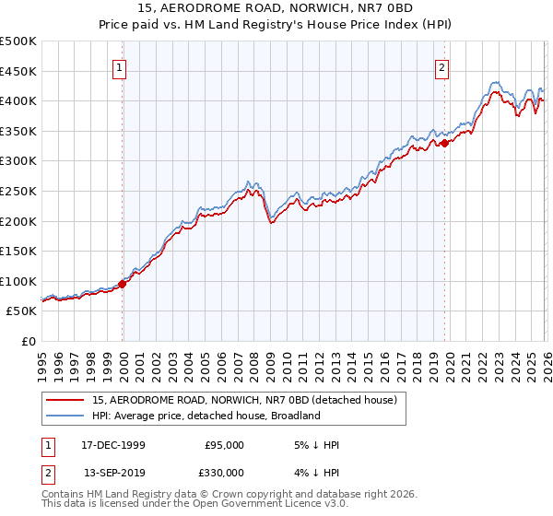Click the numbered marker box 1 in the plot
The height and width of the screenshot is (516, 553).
pyautogui.click(x=122, y=66)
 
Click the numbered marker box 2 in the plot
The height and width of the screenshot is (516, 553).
pyautogui.click(x=443, y=66)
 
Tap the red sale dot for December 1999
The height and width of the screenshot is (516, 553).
pyautogui.click(x=123, y=284)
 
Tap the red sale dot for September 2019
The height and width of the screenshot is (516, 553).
pyautogui.click(x=444, y=142)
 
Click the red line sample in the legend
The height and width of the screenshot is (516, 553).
pyautogui.click(x=65, y=400)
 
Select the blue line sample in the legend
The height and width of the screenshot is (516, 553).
pyautogui.click(x=65, y=416)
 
